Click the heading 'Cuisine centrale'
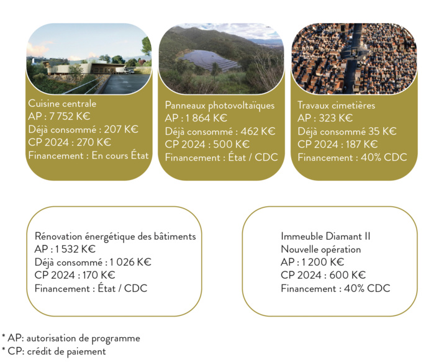(x=62, y=104)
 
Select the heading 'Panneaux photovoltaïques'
(x=219, y=105)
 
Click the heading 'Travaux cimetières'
(x=336, y=106)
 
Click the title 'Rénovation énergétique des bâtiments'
(x=115, y=237)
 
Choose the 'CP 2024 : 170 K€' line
(x=75, y=275)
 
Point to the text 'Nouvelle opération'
(x=320, y=250)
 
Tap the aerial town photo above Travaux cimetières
(x=353, y=58)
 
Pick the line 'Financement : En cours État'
(x=89, y=155)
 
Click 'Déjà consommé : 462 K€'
(x=220, y=131)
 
